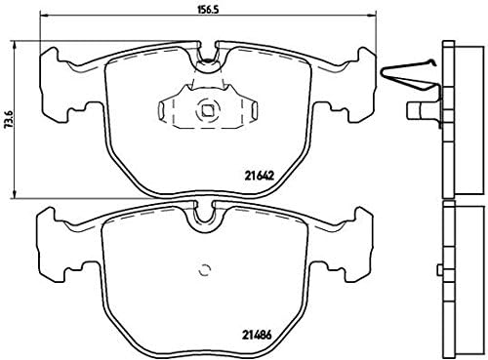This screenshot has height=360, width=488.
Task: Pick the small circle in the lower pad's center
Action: [204, 271]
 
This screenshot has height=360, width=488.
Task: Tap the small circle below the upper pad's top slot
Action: [207, 67]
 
